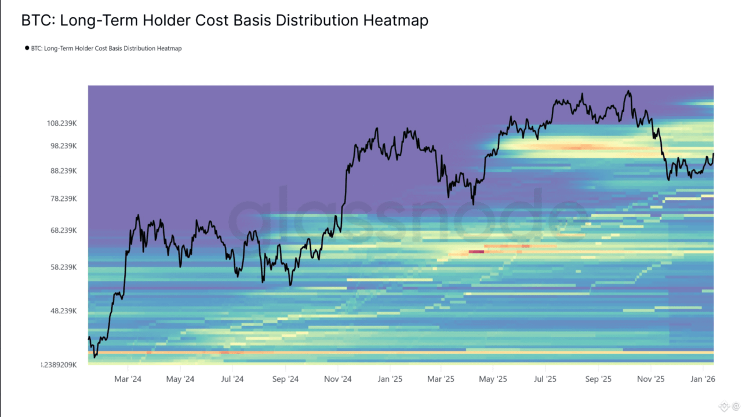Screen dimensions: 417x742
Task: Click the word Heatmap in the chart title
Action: click(395, 21)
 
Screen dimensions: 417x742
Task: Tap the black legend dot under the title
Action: click(27, 48)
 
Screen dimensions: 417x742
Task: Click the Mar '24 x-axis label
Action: click(128, 379)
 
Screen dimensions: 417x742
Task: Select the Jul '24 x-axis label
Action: click(232, 379)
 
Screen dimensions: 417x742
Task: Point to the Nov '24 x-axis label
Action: click(338, 379)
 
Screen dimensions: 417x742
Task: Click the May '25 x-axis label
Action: click(493, 379)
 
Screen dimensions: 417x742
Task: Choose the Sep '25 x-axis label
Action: click(598, 379)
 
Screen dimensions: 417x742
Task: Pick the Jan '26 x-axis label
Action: click(703, 379)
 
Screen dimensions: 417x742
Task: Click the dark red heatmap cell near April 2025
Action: click(476, 251)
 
